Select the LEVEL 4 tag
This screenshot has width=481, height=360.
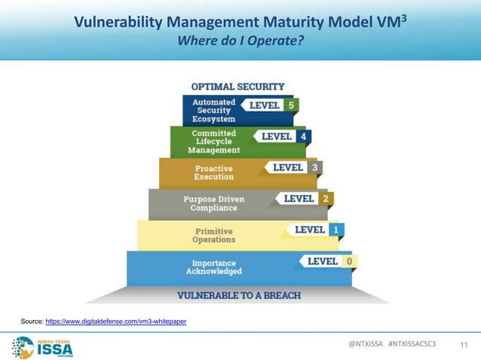click(283, 137)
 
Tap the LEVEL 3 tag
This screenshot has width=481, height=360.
click(295, 167)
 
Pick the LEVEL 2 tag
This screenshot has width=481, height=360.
click(305, 198)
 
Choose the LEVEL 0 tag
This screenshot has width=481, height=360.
click(329, 261)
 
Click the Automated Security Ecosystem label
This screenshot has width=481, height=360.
click(214, 110)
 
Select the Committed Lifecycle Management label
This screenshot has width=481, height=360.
click(214, 141)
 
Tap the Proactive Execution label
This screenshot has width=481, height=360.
click(214, 172)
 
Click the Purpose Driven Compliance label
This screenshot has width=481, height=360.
click(215, 203)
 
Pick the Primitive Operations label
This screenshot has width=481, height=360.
click(214, 235)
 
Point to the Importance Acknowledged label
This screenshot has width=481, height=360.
click(215, 267)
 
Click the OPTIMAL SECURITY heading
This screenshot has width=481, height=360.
click(237, 87)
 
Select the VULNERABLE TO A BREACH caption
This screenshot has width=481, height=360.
click(239, 294)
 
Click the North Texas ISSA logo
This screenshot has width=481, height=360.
click(43, 346)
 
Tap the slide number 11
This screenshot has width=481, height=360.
click(464, 345)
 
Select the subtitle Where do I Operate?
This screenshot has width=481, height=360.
click(240, 40)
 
